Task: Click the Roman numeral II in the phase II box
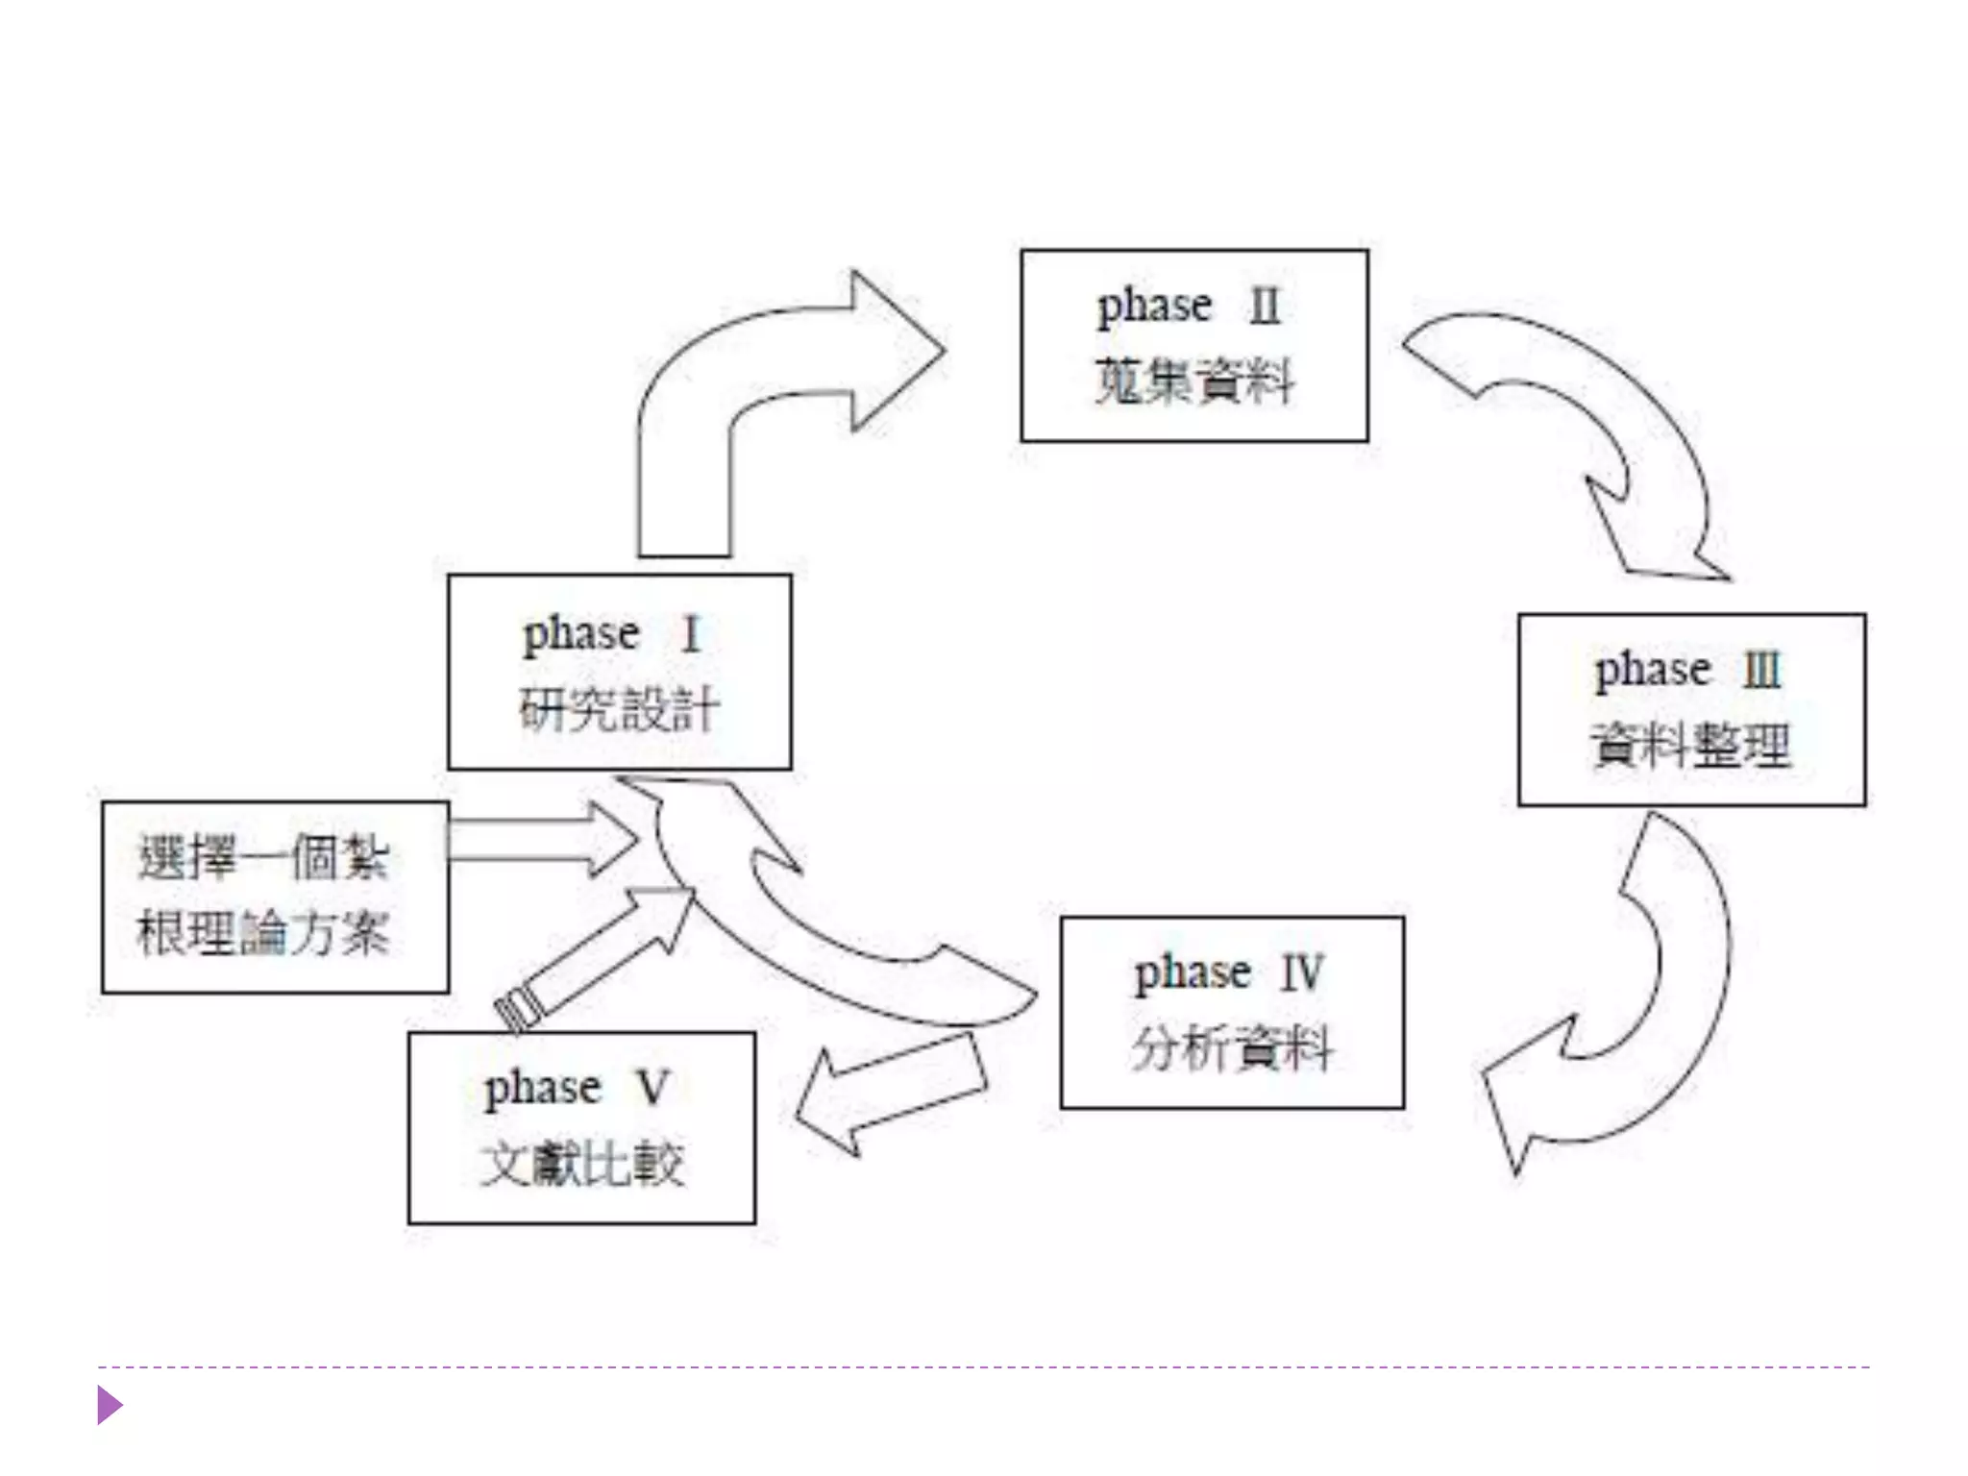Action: point(1265,307)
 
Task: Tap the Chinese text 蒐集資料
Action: point(1194,381)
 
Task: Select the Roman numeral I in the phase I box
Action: point(691,635)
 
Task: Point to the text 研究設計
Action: point(619,710)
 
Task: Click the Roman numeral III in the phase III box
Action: point(1762,671)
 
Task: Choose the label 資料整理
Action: point(1691,745)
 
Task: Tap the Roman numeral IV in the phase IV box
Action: point(1302,973)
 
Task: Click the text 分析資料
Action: point(1232,1047)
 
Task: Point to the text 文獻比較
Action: point(582,1164)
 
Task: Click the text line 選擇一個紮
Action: point(263,857)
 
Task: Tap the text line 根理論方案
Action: point(263,932)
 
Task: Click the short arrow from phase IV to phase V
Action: point(889,1095)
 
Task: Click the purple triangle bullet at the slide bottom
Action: point(109,1406)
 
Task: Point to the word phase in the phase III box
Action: point(1653,671)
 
